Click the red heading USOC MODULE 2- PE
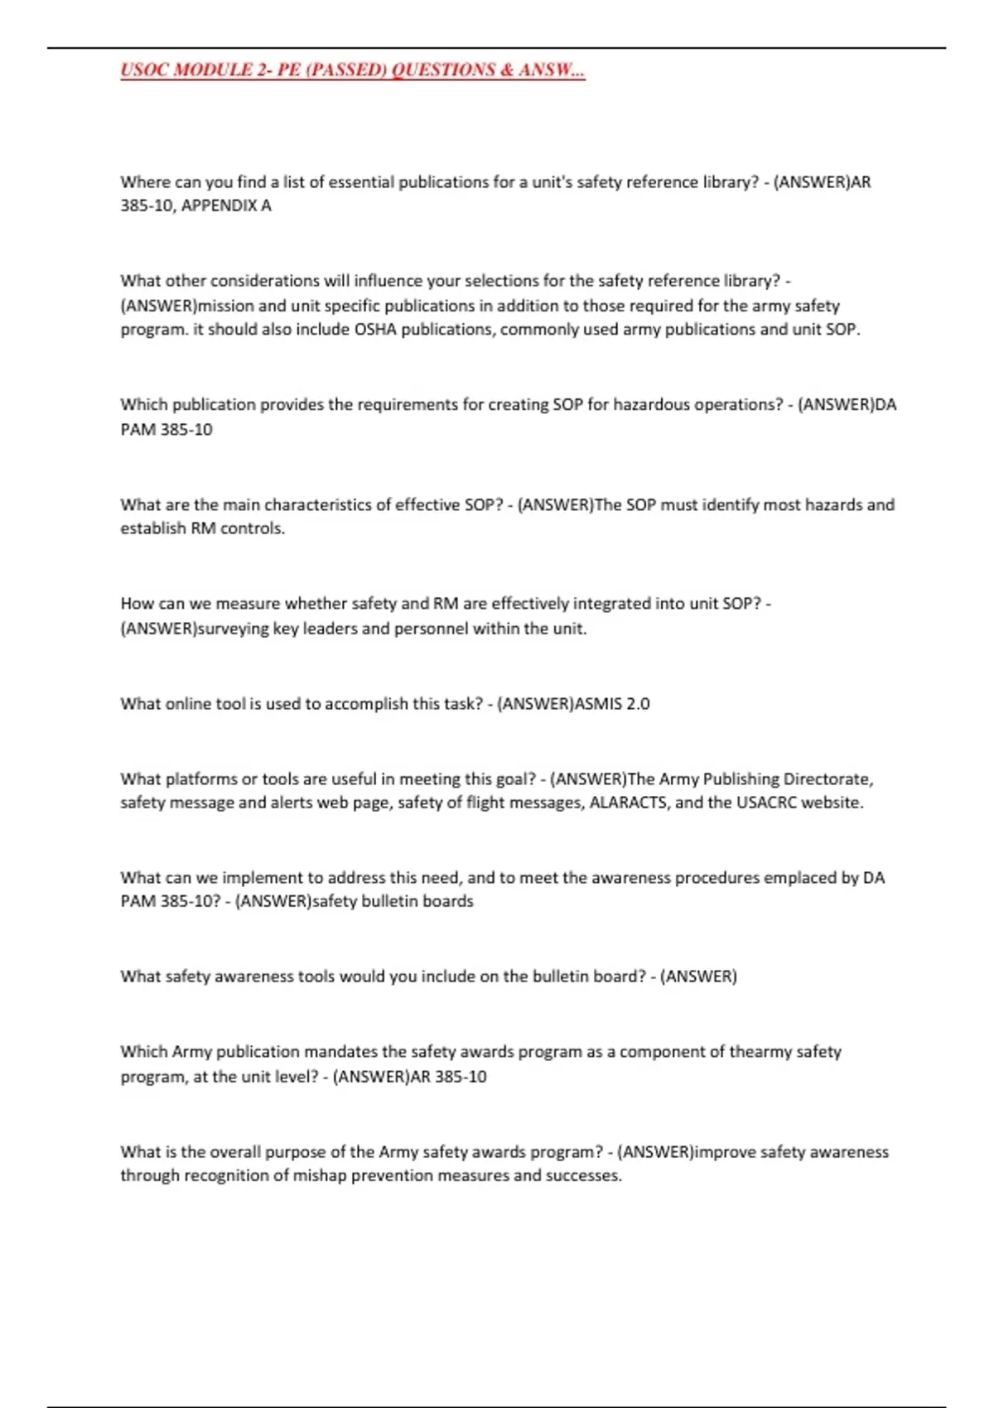352,70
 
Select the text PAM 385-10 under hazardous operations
166,429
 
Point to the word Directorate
828,779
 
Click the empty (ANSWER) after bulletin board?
698,976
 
